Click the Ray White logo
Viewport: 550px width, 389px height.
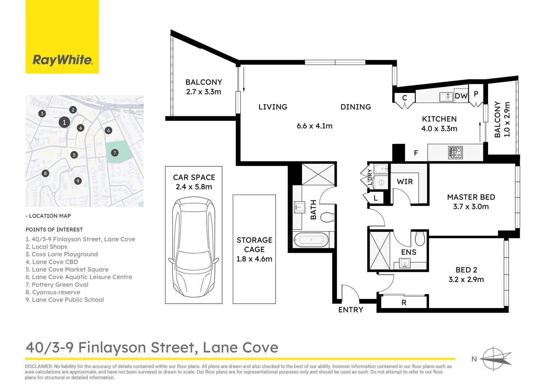62,60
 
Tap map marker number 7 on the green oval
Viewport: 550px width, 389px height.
115,153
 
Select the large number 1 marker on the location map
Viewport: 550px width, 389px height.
64,122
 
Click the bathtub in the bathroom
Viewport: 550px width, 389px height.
311,240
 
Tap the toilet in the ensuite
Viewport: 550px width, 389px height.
420,238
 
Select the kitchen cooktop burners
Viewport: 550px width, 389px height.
455,152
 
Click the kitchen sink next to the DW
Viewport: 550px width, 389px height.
446,97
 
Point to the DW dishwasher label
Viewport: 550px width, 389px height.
461,96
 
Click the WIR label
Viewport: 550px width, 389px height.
405,182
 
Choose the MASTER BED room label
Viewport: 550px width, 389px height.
471,197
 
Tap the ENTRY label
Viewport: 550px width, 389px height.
351,310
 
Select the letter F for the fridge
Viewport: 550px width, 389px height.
416,153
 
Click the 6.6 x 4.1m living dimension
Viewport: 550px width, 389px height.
315,126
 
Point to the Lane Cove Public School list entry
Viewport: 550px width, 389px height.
64,300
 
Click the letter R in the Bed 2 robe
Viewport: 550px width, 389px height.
404,303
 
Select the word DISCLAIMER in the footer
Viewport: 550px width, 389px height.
39,366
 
